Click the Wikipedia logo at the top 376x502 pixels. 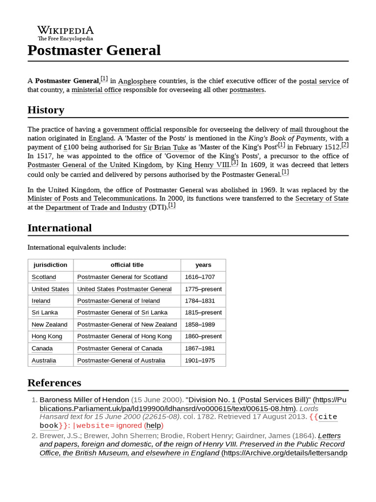click(x=65, y=32)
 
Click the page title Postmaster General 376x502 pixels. click(x=94, y=50)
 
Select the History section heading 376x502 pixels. click(x=46, y=110)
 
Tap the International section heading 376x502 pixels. click(x=59, y=228)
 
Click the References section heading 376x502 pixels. click(x=54, y=383)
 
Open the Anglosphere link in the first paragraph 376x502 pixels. click(x=137, y=81)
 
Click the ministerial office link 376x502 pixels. click(x=96, y=90)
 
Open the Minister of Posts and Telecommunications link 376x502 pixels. click(x=92, y=199)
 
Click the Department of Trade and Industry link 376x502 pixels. click(x=96, y=208)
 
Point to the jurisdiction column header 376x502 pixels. click(x=50, y=265)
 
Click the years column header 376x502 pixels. click(x=203, y=265)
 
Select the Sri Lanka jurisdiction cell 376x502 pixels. click(x=45, y=313)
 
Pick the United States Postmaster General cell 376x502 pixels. click(x=124, y=289)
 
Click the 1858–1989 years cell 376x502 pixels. click(x=200, y=325)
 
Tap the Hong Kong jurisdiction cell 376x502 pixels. click(x=47, y=336)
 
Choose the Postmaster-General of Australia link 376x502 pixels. click(x=121, y=360)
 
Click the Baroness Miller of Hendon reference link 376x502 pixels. click(x=84, y=400)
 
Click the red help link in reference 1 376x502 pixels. click(x=154, y=426)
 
